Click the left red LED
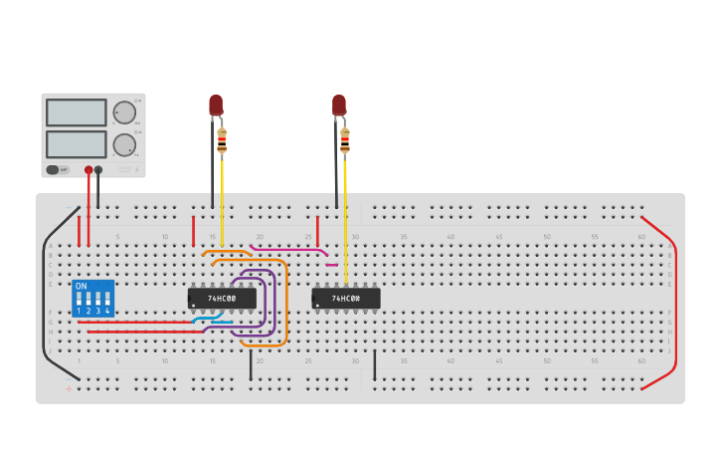pyautogui.click(x=216, y=105)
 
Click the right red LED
pyautogui.click(x=339, y=105)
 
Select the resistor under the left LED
pyautogui.click(x=222, y=140)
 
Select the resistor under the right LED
pyautogui.click(x=345, y=140)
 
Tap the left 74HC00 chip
pyautogui.click(x=222, y=298)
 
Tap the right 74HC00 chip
pyautogui.click(x=345, y=298)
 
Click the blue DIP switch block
pyautogui.click(x=93, y=299)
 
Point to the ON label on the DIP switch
pyautogui.click(x=82, y=286)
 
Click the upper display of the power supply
pyautogui.click(x=76, y=112)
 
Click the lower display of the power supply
pyautogui.click(x=76, y=144)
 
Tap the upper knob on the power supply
pyautogui.click(x=123, y=112)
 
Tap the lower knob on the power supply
pyautogui.click(x=123, y=145)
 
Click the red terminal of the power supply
pyautogui.click(x=89, y=170)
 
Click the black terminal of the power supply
pyautogui.click(x=97, y=170)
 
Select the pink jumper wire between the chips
pyautogui.click(x=288, y=249)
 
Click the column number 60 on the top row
pyautogui.click(x=641, y=236)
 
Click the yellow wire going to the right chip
pyautogui.click(x=345, y=219)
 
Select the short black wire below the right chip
pyautogui.click(x=375, y=364)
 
